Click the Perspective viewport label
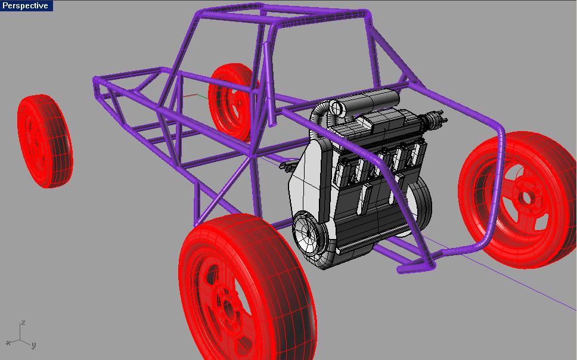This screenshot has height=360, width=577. (25, 5)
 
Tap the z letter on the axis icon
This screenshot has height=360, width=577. (23, 322)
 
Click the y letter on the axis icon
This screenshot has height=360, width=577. (33, 345)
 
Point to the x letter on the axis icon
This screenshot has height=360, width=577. (8, 343)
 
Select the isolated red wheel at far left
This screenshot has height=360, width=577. (45, 141)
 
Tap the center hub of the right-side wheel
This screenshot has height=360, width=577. (527, 198)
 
